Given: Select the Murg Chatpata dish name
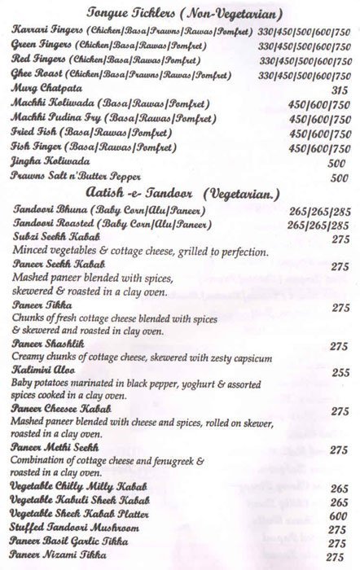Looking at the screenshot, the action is [x=42, y=88].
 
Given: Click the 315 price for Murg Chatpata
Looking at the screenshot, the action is [x=340, y=89].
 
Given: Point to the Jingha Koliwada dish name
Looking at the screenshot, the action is [x=46, y=162].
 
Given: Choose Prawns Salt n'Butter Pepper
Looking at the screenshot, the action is [x=77, y=177].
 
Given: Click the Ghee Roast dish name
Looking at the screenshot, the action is [x=37, y=73].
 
